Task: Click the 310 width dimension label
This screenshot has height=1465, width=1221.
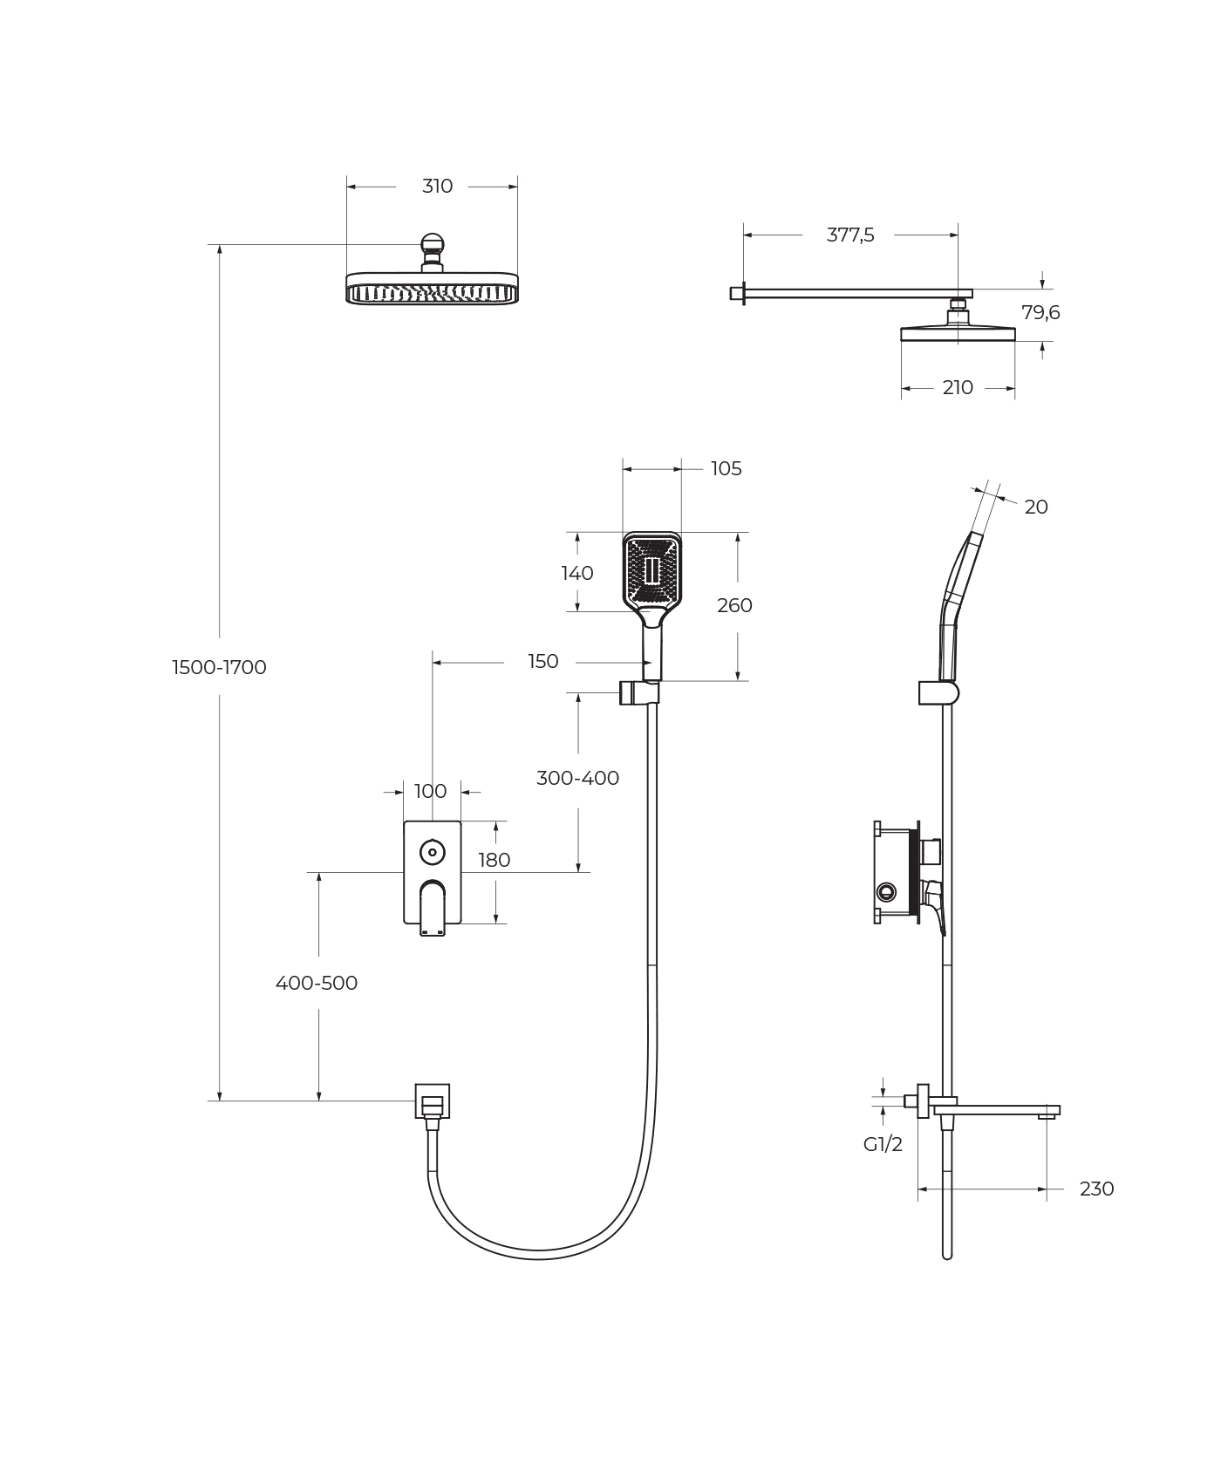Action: pyautogui.click(x=437, y=186)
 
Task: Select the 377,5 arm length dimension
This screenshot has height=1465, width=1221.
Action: pyautogui.click(x=850, y=235)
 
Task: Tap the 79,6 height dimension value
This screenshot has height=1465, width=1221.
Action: pyautogui.click(x=1040, y=312)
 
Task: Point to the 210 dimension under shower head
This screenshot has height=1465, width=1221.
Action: pyautogui.click(x=958, y=387)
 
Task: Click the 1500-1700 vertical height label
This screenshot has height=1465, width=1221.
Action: pyautogui.click(x=219, y=667)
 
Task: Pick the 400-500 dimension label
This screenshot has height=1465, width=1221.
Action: pyautogui.click(x=317, y=983)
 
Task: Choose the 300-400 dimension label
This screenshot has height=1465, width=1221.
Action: pyautogui.click(x=577, y=778)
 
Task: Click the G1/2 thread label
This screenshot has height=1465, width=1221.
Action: pyautogui.click(x=883, y=1144)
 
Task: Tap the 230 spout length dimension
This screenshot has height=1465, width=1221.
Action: pyautogui.click(x=1096, y=1189)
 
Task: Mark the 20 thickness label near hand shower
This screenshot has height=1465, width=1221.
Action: pyautogui.click(x=1036, y=507)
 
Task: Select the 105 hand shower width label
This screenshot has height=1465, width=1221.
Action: pyautogui.click(x=726, y=468)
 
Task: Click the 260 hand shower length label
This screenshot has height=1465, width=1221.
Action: pyautogui.click(x=734, y=605)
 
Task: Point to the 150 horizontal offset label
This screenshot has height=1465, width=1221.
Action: pyautogui.click(x=542, y=662)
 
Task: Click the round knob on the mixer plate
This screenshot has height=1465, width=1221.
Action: pyautogui.click(x=432, y=852)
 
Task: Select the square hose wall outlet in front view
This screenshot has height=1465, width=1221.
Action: pyautogui.click(x=432, y=1100)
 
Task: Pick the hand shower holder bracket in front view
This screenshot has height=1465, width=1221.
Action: pyautogui.click(x=638, y=692)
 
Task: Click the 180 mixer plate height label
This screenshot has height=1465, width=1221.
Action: pyautogui.click(x=494, y=860)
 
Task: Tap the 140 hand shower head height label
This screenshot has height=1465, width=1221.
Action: pyautogui.click(x=577, y=573)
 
